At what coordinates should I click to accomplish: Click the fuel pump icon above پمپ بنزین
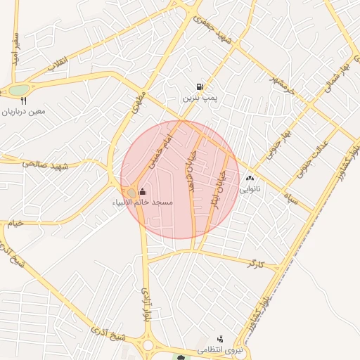(x=202, y=87)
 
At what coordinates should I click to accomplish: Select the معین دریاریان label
(x=24, y=112)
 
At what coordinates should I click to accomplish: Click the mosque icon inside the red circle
(x=143, y=192)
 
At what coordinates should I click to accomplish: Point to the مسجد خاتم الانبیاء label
(x=143, y=202)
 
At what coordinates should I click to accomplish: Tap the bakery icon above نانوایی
(x=250, y=179)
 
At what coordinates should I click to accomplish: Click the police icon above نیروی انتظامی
(x=220, y=340)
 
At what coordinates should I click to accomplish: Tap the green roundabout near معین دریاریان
(x=19, y=90)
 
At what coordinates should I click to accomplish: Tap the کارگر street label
(x=255, y=264)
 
